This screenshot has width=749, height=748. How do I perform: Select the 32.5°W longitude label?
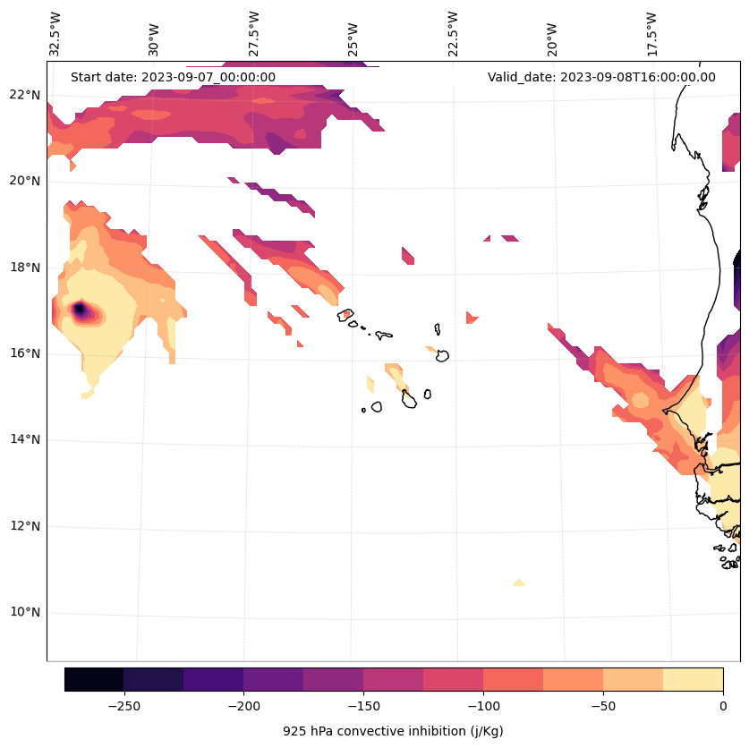coord(55,34)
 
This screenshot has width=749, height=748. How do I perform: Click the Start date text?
coord(173,77)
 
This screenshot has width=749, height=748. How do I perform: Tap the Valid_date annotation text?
coord(601,77)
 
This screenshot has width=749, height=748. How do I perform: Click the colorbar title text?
coord(393,731)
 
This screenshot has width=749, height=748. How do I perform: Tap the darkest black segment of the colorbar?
coord(94,679)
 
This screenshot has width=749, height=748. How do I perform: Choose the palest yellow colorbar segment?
coord(693,679)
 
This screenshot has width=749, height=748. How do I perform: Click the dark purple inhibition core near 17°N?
coord(79,310)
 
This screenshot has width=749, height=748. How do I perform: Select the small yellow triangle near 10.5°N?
coord(519,582)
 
